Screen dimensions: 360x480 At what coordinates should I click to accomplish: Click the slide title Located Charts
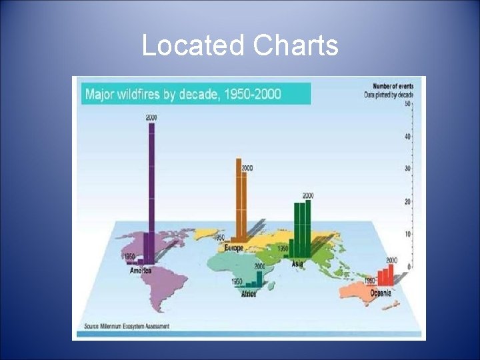click(240, 45)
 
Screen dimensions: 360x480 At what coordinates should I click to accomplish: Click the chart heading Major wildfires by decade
click(183, 93)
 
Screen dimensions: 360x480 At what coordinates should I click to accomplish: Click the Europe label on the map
click(234, 248)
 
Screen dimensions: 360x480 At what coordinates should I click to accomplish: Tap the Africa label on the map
click(248, 293)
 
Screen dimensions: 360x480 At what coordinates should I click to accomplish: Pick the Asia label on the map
click(297, 263)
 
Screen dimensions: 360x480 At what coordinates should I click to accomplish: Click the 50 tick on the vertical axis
click(407, 104)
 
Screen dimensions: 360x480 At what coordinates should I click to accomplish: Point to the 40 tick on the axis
click(407, 137)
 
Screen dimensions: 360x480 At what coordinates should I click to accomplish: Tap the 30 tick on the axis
click(407, 169)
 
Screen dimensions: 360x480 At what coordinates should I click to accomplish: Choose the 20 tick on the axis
click(407, 202)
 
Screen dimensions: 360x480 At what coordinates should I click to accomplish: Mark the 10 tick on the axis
click(407, 235)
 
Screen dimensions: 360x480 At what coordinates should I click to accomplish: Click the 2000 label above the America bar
click(151, 117)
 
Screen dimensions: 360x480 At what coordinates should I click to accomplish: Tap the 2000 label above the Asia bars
click(308, 195)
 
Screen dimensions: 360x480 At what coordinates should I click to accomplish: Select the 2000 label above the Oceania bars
click(391, 260)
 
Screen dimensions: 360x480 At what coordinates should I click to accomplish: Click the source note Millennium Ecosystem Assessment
click(127, 326)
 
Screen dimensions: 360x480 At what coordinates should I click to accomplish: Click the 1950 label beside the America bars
click(129, 257)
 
